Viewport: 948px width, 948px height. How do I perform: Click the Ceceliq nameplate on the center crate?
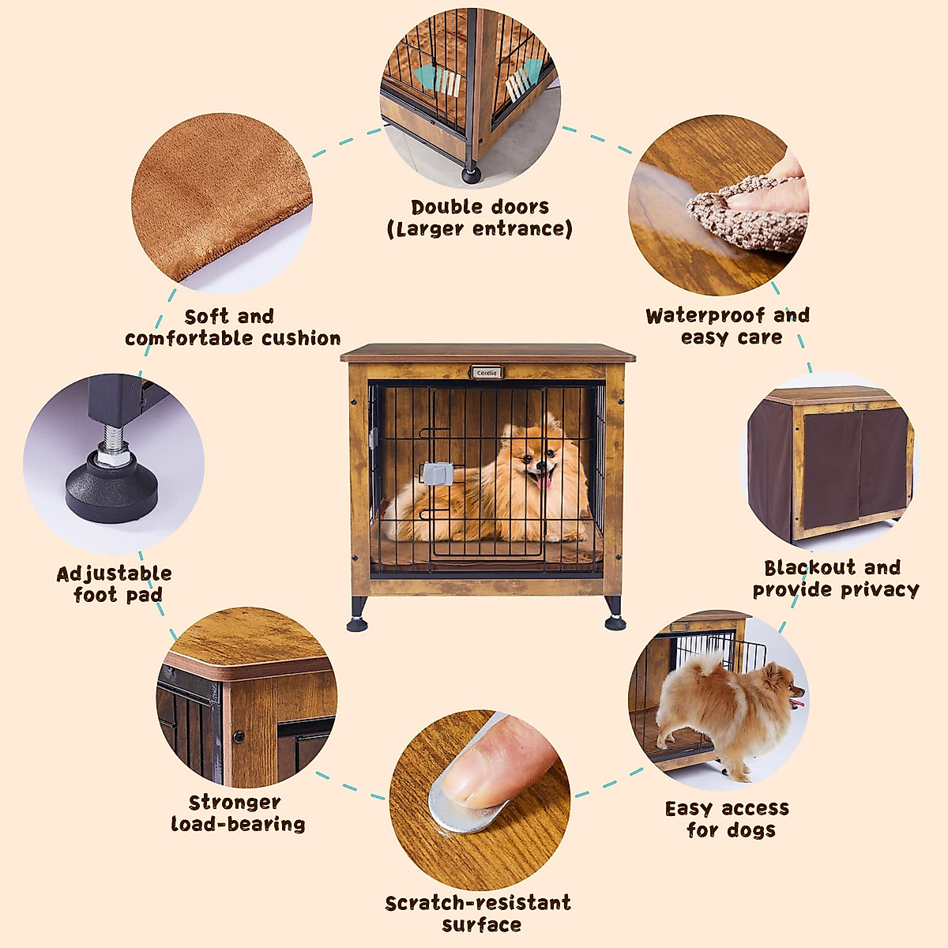[487, 372]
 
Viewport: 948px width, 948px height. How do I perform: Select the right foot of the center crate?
[615, 616]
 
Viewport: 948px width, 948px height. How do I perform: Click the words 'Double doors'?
[480, 207]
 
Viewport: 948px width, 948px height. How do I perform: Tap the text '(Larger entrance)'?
[480, 229]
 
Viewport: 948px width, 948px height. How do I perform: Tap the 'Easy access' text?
[727, 808]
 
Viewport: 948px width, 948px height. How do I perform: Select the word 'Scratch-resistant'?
[478, 903]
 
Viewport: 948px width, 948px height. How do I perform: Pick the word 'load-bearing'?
[238, 824]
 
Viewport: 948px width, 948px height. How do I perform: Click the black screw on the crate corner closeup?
[238, 737]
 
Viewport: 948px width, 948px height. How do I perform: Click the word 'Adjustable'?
[114, 574]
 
